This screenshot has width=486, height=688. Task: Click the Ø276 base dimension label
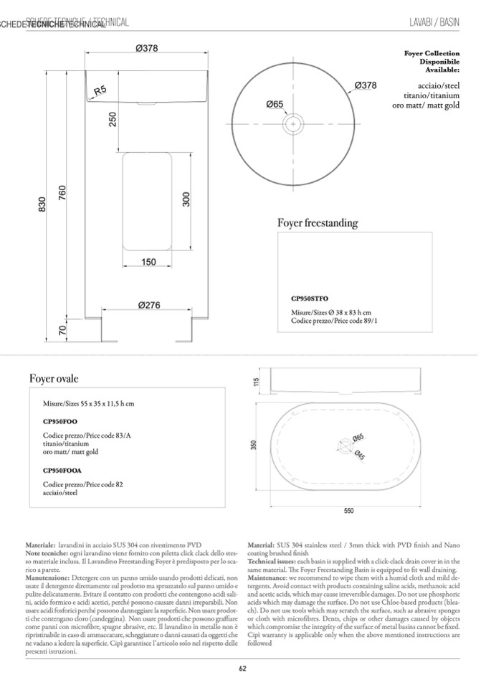coord(148,305)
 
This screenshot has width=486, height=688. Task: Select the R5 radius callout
coord(100,90)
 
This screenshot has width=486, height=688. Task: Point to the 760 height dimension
coord(62,193)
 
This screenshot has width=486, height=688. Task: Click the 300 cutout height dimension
coord(186,199)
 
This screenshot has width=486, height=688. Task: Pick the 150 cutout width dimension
coord(148,262)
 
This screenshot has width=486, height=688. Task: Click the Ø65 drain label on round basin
coord(275,104)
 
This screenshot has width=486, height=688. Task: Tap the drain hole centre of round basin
coord(293,125)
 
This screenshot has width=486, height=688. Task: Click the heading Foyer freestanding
coord(317,223)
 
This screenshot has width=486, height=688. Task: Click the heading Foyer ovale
coord(54,378)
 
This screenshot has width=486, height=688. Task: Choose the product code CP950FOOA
coord(62,471)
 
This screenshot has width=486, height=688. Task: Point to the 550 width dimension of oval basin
coord(348,511)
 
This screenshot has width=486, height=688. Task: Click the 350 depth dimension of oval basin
coord(253,446)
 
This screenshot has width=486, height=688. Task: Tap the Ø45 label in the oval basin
coord(361,456)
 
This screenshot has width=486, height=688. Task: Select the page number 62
coord(243,669)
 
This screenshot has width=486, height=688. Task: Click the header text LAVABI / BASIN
coord(434,23)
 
